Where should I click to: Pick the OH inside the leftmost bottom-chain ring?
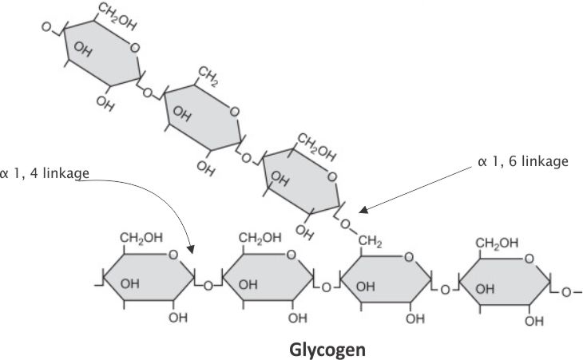click(x=132, y=284)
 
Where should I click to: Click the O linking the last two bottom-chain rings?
click(x=446, y=288)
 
